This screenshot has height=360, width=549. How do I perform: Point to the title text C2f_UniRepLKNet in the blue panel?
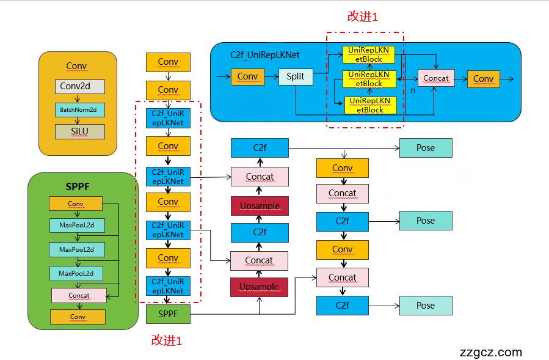[x=264, y=54]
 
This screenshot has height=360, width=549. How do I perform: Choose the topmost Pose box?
[x=426, y=148]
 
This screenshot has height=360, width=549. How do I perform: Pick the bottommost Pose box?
[x=426, y=306]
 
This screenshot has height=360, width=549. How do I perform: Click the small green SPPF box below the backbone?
[x=168, y=314]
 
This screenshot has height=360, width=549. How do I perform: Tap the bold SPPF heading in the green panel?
[x=77, y=186]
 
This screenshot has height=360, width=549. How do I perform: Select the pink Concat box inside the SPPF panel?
[x=79, y=295]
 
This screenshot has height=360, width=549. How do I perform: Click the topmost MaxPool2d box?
[x=77, y=226]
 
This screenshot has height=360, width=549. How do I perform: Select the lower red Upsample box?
[x=259, y=287]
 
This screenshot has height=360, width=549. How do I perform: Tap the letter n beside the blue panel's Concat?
[x=413, y=90]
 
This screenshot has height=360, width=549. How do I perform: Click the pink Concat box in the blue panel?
[x=436, y=78]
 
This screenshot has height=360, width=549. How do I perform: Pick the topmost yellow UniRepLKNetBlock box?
[x=369, y=54]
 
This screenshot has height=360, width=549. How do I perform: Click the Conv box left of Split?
[x=247, y=76]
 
